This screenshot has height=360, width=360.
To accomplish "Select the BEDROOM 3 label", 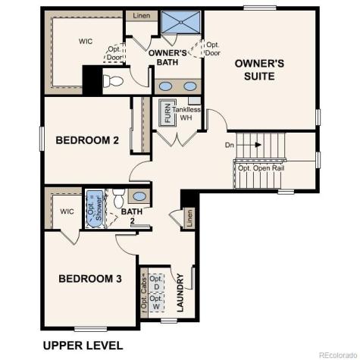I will pyautogui.click(x=90, y=279).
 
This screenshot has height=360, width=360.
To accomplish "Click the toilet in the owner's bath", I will pyautogui.click(x=113, y=81).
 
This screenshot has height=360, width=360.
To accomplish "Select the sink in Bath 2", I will pyautogui.click(x=139, y=197).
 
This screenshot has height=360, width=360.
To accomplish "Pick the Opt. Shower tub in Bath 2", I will pyautogui.click(x=95, y=207).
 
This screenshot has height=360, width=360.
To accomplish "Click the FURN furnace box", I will pyautogui.click(x=166, y=114).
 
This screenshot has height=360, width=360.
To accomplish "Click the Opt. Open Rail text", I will pyautogui.click(x=261, y=168).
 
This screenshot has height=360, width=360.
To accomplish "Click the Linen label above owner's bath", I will pyautogui.click(x=141, y=15).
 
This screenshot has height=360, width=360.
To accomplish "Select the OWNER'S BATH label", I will pyautogui.click(x=167, y=58).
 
